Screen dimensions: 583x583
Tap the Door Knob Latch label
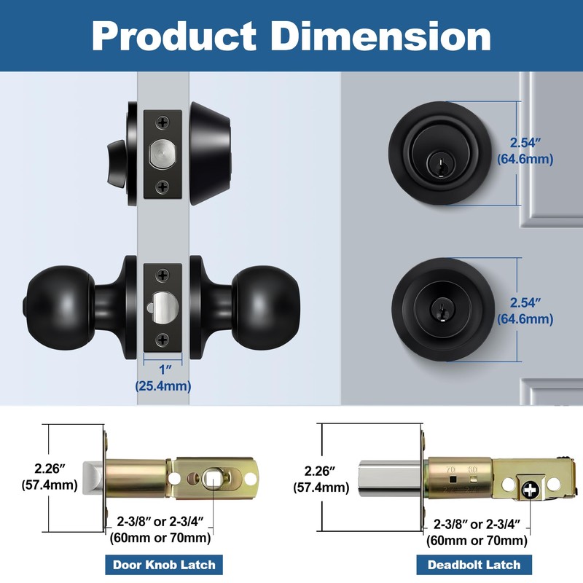click(x=163, y=564)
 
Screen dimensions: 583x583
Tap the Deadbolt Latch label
click(x=474, y=564)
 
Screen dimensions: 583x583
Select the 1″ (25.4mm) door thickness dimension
click(x=163, y=379)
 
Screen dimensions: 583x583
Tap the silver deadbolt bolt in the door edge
click(x=163, y=154)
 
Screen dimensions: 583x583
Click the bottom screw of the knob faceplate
click(x=163, y=337)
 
